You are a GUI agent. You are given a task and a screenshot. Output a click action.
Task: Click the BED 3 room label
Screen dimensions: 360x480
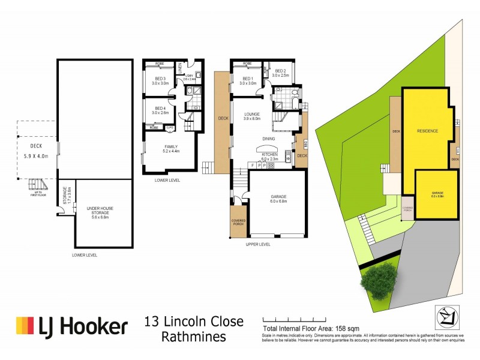click(160, 82)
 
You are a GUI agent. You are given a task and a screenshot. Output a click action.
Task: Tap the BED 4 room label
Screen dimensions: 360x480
click(160, 110)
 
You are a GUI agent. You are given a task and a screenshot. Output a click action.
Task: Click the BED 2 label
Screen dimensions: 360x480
click(280, 73)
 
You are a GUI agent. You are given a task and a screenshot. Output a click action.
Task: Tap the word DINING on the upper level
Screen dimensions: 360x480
click(269, 139)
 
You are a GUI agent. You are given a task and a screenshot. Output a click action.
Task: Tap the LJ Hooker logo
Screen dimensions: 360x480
click(72, 327)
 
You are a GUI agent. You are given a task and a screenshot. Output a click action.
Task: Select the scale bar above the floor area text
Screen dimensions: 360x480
click(293, 319)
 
